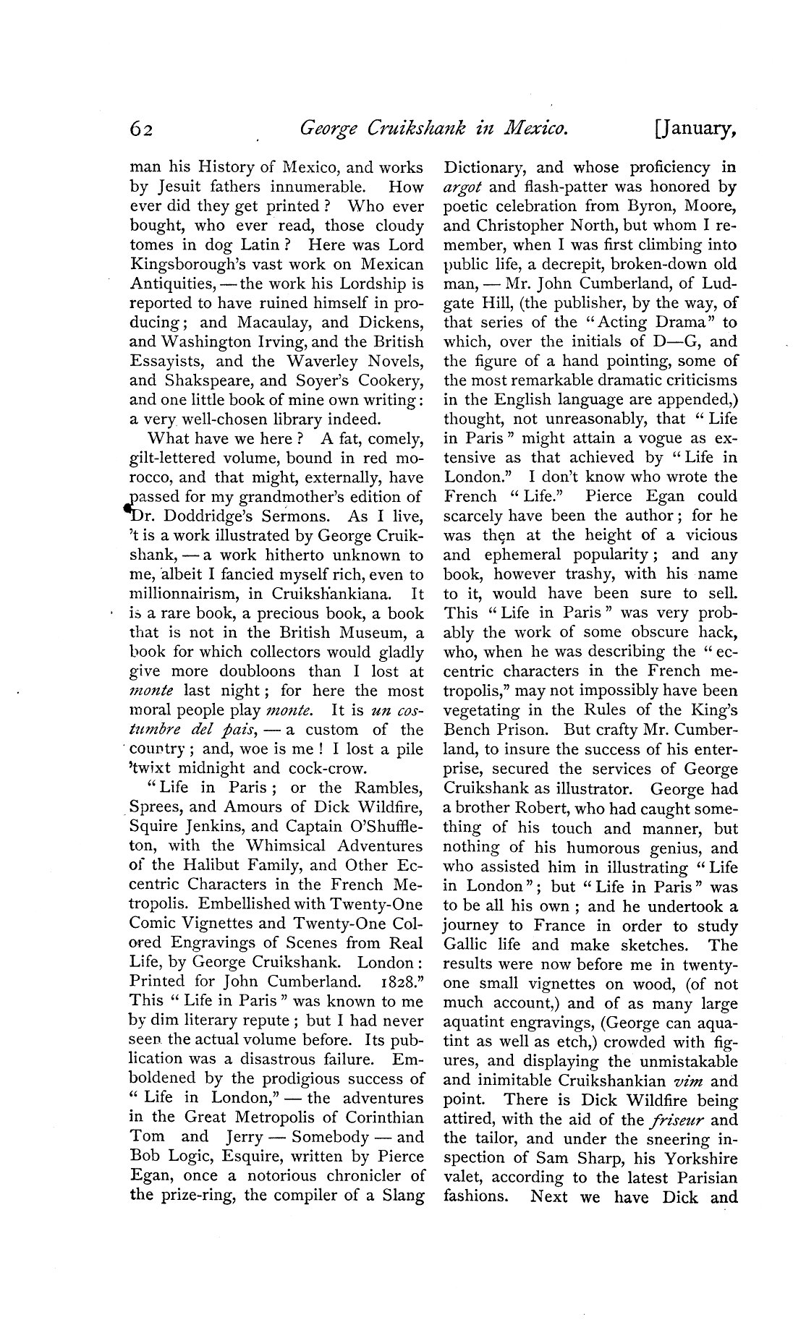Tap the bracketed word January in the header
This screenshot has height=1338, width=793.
pyautogui.click(x=695, y=130)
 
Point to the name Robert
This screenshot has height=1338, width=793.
pyautogui.click(x=533, y=809)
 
